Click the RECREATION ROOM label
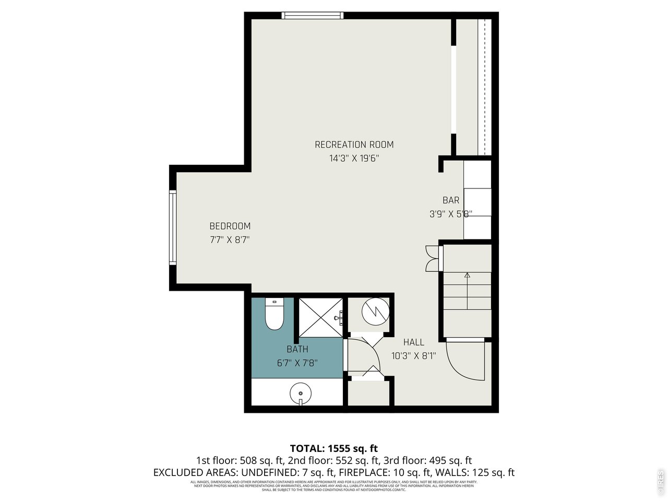[x=354, y=145]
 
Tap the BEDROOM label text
[x=230, y=226]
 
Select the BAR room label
[x=451, y=200]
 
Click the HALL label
[x=413, y=342]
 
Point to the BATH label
[x=297, y=349]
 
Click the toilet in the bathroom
[x=273, y=315]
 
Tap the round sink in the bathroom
[x=301, y=393]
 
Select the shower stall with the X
[x=320, y=317]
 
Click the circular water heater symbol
[x=375, y=311]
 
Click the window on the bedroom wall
[x=172, y=228]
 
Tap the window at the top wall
[x=312, y=16]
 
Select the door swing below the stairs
[x=466, y=361]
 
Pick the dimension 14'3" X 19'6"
[x=354, y=159]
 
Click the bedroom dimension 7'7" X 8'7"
[x=230, y=240]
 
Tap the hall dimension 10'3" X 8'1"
[x=413, y=356]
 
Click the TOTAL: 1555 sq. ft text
[x=333, y=448]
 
